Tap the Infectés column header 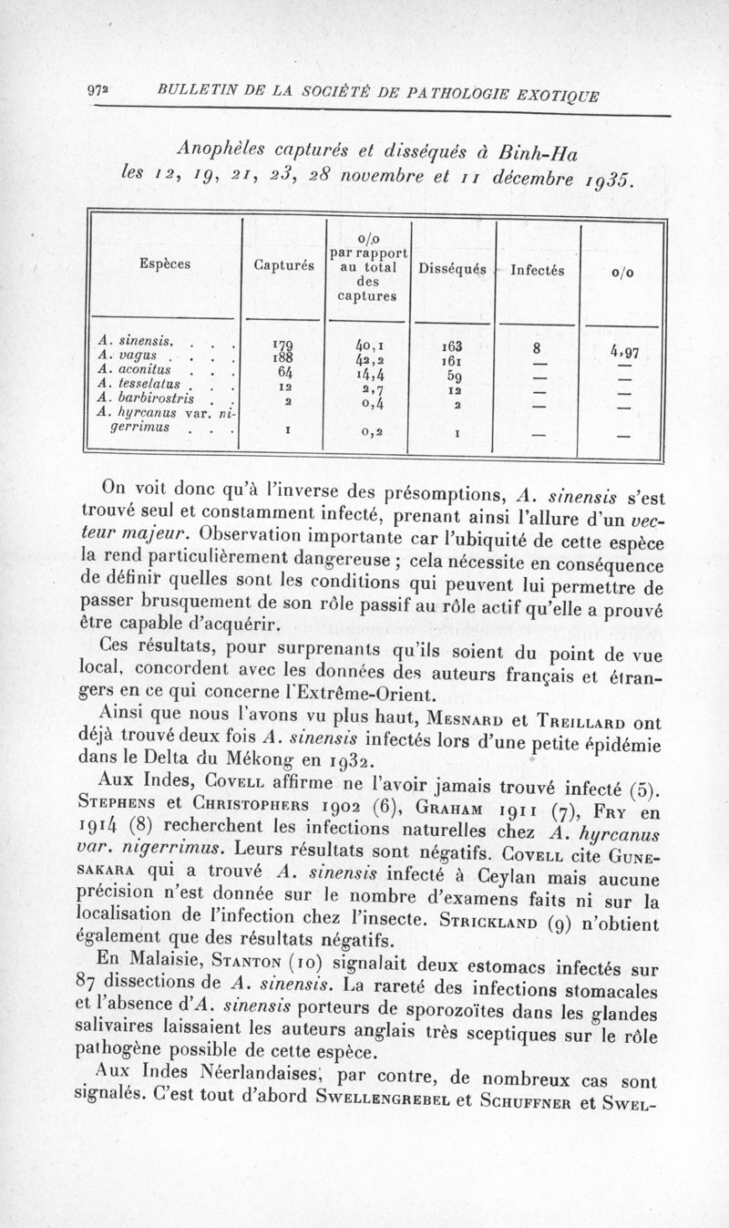(x=537, y=270)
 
